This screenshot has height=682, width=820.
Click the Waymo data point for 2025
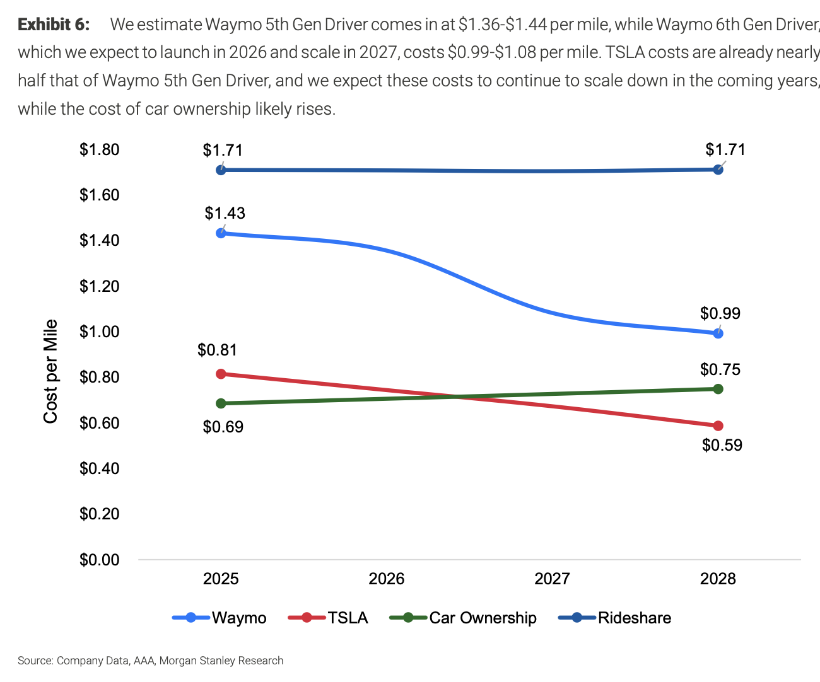coord(221,233)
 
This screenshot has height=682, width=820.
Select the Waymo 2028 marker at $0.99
coord(718,333)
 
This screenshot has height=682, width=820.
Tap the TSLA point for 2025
coord(221,374)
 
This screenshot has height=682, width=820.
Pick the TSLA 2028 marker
coord(718,426)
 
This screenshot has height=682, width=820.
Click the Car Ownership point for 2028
coord(718,389)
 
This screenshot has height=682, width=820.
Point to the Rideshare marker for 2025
coord(221,170)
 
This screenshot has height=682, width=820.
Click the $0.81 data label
coord(217,350)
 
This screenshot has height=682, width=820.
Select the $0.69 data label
coord(223,427)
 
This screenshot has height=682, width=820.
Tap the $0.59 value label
coord(722,445)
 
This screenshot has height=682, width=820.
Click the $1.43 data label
coord(225,213)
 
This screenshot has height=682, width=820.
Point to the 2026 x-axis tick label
coord(386,579)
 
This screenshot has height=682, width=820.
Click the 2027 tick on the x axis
coord(552,579)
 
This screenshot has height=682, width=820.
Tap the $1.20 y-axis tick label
coord(99,286)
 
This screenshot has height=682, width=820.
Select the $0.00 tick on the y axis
coord(99,560)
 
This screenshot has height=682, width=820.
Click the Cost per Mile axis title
coord(50,371)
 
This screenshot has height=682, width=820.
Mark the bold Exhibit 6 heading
coord(54,25)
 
